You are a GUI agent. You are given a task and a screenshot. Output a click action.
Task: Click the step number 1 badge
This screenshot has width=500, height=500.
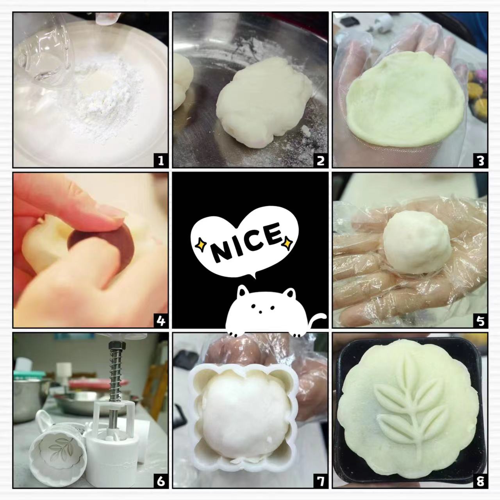click(161, 161)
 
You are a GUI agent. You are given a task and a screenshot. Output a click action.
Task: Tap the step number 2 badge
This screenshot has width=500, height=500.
click(320, 161)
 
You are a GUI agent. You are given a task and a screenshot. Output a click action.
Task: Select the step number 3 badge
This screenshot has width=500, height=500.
click(480, 161)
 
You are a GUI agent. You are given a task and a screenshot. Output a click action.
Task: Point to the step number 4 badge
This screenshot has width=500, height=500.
click(161, 321)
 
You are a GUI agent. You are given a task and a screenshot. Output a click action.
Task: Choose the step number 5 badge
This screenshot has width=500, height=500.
click(480, 321)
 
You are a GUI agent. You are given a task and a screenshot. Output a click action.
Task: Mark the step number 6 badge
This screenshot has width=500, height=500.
click(161, 481)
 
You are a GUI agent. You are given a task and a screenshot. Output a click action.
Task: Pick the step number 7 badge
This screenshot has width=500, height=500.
click(320, 481)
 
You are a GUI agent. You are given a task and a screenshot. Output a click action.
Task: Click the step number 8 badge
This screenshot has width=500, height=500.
click(480, 481)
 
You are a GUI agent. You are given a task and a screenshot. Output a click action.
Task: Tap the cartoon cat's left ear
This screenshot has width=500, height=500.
click(243, 291)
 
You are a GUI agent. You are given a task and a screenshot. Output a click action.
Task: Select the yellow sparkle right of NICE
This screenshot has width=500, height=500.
click(287, 243)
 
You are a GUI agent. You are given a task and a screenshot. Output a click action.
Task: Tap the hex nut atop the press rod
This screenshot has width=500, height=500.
click(117, 346)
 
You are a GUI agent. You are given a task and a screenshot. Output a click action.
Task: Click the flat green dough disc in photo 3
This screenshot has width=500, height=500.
click(405, 100)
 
